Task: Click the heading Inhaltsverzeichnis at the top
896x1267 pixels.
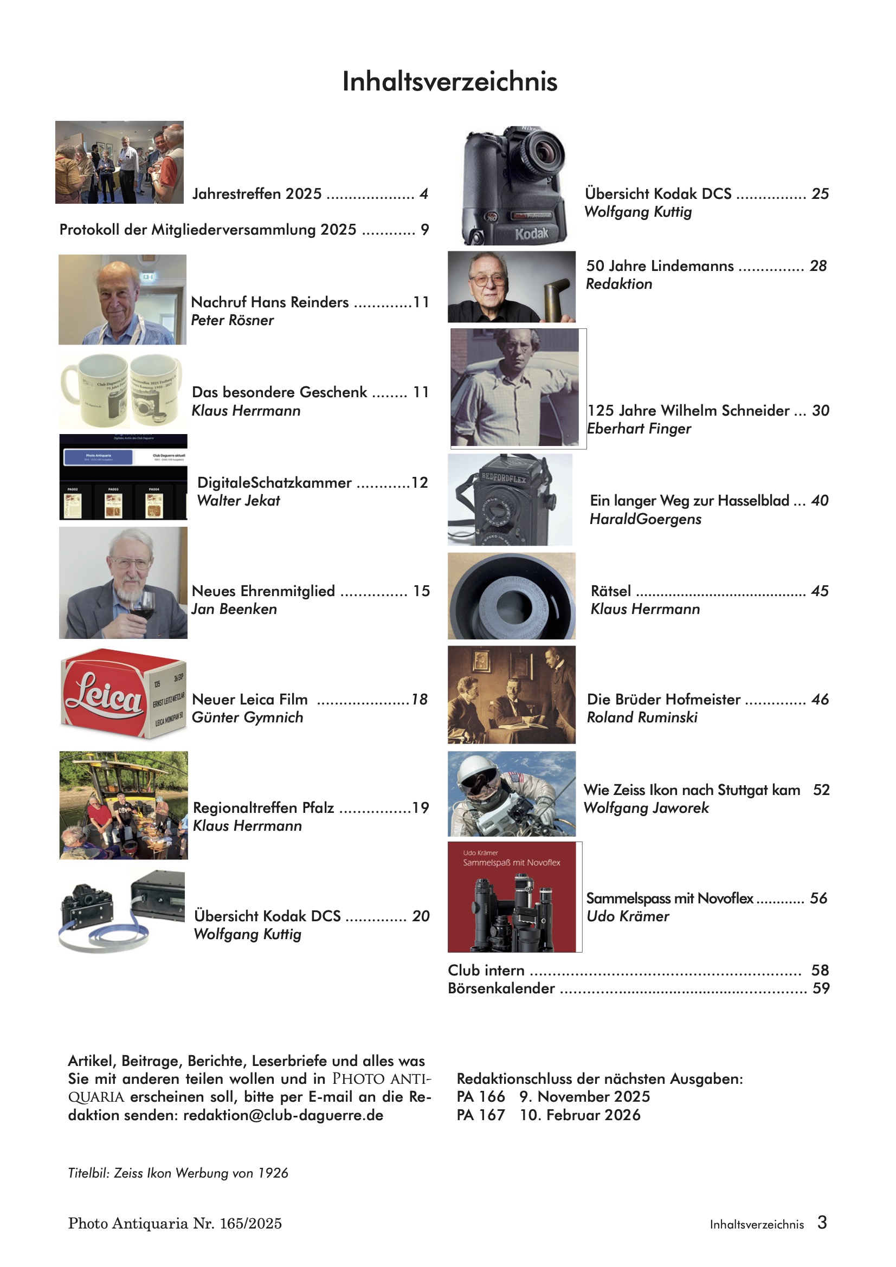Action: [x=449, y=82]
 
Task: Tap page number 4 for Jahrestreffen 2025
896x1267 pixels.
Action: [x=423, y=194]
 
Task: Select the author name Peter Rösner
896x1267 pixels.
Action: [x=233, y=321]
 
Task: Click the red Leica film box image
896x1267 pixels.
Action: [x=123, y=694]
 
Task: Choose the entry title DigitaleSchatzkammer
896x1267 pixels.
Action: [x=274, y=483]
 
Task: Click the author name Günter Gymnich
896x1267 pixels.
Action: [x=247, y=718]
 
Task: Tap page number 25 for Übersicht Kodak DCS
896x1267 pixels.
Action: [x=820, y=194]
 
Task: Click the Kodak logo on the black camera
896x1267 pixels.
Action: [x=531, y=234]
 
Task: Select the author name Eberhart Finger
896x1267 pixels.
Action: [x=639, y=429]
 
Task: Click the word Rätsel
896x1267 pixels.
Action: [x=610, y=592]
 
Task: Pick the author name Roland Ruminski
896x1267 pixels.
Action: [x=642, y=718]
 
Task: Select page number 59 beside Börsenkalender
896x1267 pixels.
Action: [x=821, y=988]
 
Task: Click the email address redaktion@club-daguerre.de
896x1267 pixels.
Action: [x=283, y=1115]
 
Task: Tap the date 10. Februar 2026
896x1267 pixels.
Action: [x=580, y=1115]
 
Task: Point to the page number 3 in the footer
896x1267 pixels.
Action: [x=822, y=1223]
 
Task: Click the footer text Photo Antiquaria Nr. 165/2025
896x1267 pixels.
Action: [x=175, y=1224]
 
